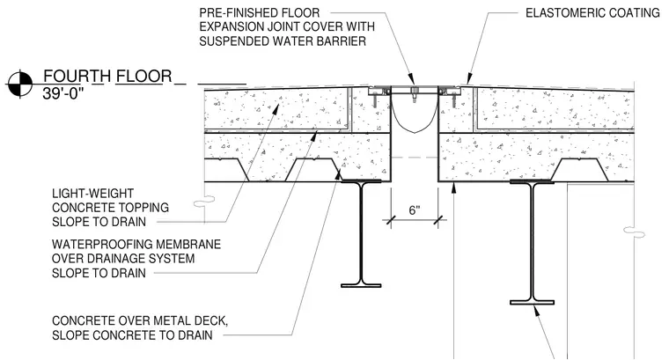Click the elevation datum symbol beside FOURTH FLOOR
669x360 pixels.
coord(20,84)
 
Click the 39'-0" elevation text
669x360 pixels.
coord(60,94)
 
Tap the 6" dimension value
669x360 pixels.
coord(415,210)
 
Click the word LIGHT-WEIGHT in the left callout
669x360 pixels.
coord(92,194)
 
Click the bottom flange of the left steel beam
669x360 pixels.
coord(361,285)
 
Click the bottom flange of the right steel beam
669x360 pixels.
coord(532,303)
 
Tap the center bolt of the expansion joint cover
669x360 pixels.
coord(414,95)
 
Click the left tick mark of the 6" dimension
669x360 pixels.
coord(390,220)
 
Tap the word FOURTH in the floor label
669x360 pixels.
coord(77,77)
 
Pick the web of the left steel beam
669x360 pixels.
coord(362,232)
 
